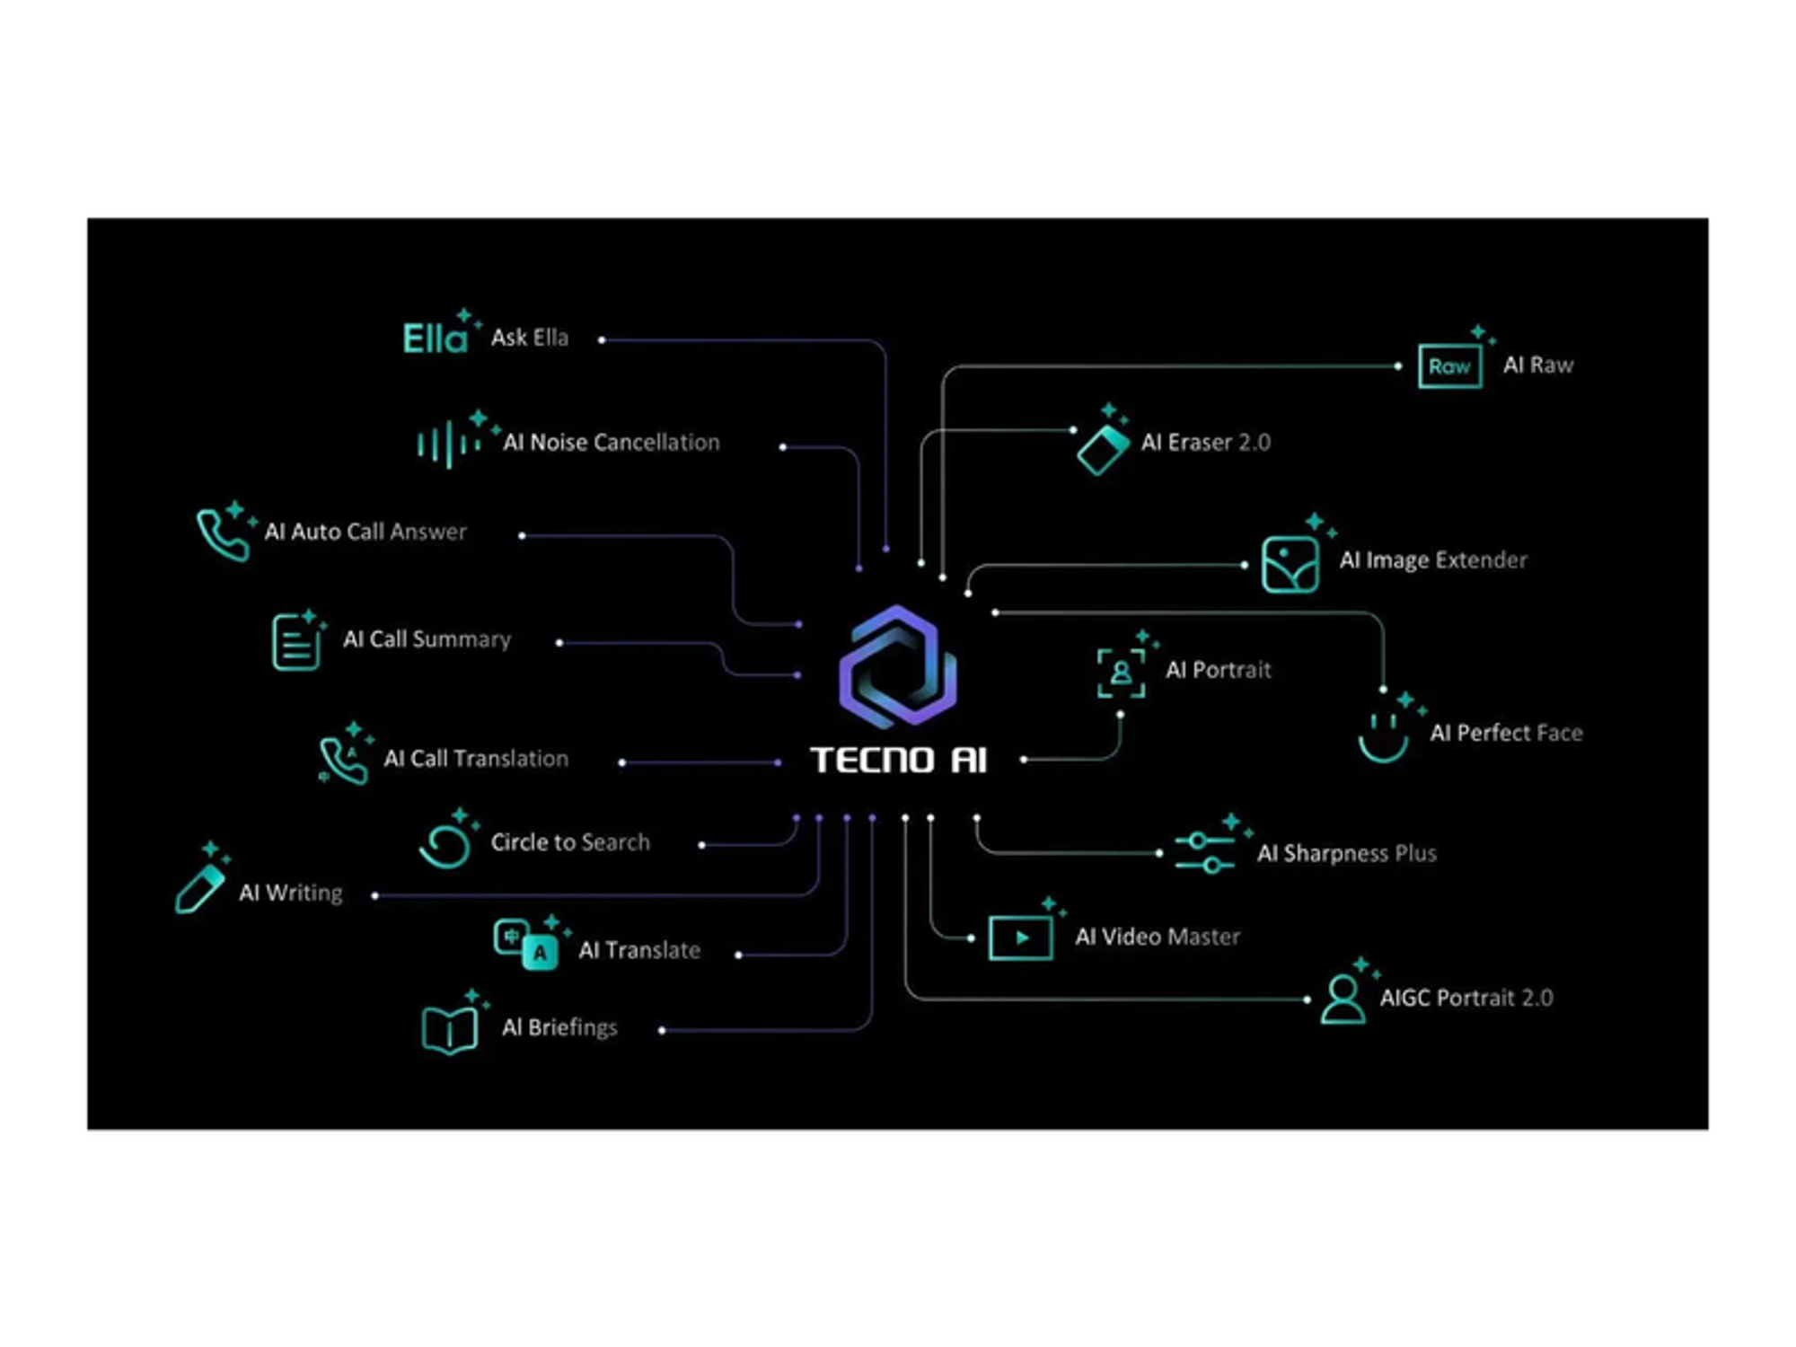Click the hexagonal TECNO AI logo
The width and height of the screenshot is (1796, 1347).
[x=897, y=666]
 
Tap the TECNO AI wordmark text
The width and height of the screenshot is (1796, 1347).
[x=899, y=760]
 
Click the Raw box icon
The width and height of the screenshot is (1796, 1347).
[x=1449, y=365]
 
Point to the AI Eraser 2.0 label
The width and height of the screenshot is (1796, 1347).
[x=1205, y=442]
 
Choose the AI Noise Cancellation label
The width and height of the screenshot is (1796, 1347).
[x=611, y=442]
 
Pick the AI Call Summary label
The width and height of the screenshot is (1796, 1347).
[x=427, y=638]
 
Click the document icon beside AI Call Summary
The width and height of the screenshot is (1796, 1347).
[x=295, y=642]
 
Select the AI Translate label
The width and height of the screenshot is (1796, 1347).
[x=639, y=950]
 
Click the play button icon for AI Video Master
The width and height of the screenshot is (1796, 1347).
[x=1020, y=938]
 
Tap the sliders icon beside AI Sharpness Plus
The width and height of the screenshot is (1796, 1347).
[x=1205, y=853]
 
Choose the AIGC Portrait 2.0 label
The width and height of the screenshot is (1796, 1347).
[x=1466, y=998]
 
